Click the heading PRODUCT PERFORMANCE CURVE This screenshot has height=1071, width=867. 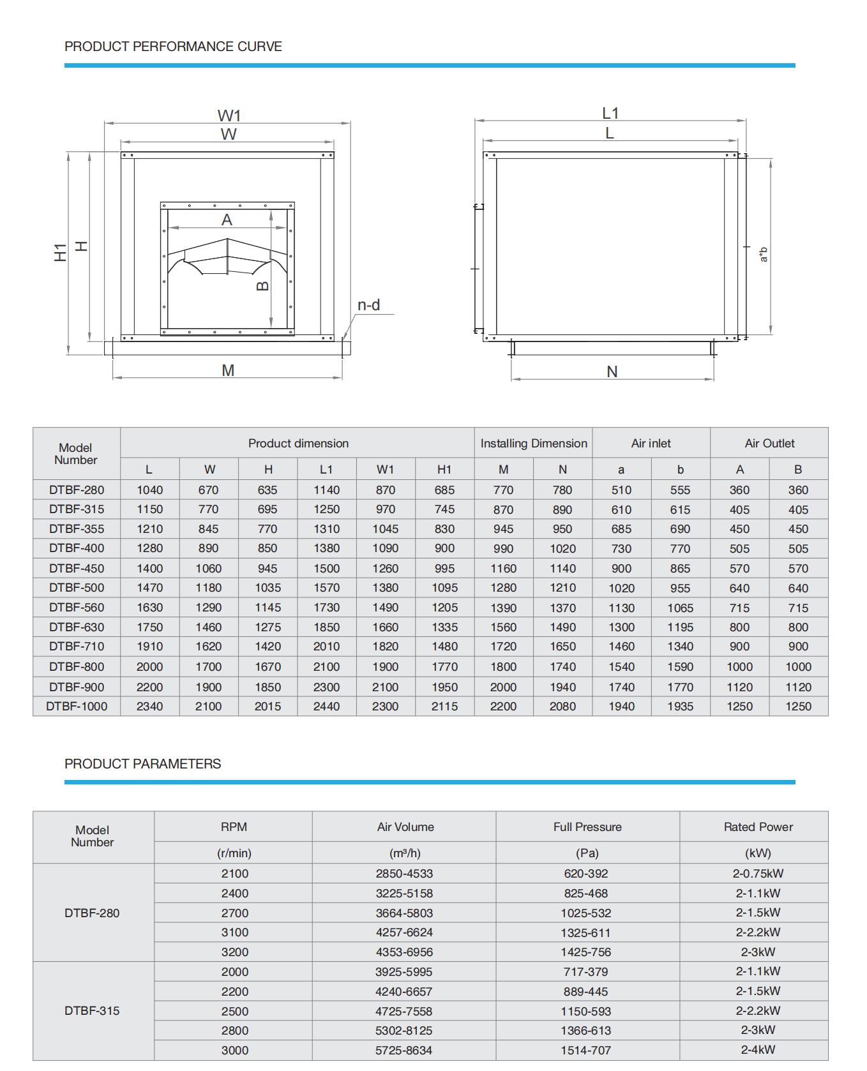point(173,47)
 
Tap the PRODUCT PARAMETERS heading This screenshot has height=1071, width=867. point(142,764)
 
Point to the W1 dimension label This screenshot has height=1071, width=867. point(229,116)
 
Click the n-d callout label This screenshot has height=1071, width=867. point(368,305)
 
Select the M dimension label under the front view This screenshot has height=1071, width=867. point(228,370)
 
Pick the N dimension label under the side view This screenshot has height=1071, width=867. point(612,371)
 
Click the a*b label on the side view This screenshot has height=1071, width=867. point(764,254)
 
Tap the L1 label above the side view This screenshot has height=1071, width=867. point(610,113)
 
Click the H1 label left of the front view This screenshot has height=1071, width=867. point(61,251)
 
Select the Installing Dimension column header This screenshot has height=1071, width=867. point(533,443)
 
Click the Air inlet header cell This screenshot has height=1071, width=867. point(651,443)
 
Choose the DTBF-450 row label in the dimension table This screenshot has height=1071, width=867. point(76,568)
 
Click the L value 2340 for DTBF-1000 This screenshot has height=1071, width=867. point(149,707)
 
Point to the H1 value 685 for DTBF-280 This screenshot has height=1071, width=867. point(444,490)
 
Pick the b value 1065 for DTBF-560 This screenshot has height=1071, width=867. point(680,608)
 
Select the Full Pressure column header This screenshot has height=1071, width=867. point(587,827)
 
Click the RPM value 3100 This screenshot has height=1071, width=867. point(234,932)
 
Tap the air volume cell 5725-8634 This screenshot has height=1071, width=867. point(404,1050)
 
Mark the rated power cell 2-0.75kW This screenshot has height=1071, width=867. point(757,873)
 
